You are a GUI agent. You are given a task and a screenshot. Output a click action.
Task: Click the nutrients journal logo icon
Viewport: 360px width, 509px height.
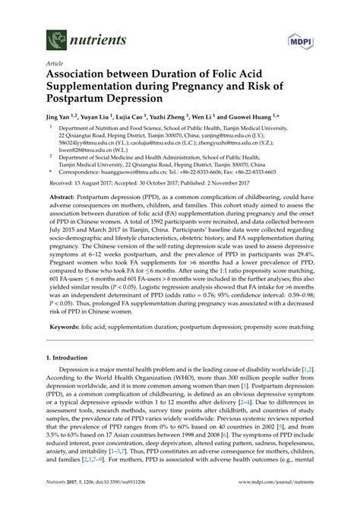coord(54,37)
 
